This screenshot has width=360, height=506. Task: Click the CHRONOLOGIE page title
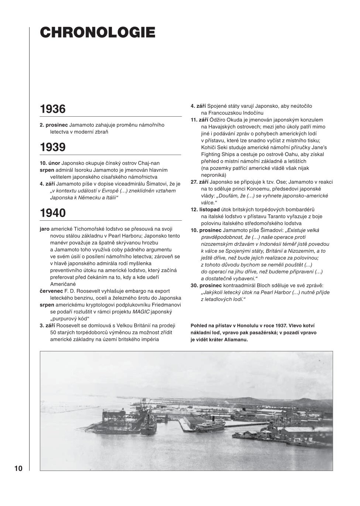tap(97, 32)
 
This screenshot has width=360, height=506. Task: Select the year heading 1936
tap(53, 109)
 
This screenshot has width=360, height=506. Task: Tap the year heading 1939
tap(53, 147)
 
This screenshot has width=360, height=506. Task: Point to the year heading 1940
tap(53, 213)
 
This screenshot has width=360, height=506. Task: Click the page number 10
tap(18, 469)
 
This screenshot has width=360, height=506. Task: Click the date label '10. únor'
tap(50, 163)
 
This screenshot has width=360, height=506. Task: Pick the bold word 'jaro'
tap(45, 229)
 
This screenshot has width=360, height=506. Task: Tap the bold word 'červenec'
tap(51, 291)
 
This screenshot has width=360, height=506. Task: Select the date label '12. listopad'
tap(205, 209)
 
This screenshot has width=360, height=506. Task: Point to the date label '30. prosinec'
tap(206, 285)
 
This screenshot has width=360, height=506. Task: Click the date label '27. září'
tap(199, 182)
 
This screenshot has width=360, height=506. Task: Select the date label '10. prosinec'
tap(206, 230)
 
